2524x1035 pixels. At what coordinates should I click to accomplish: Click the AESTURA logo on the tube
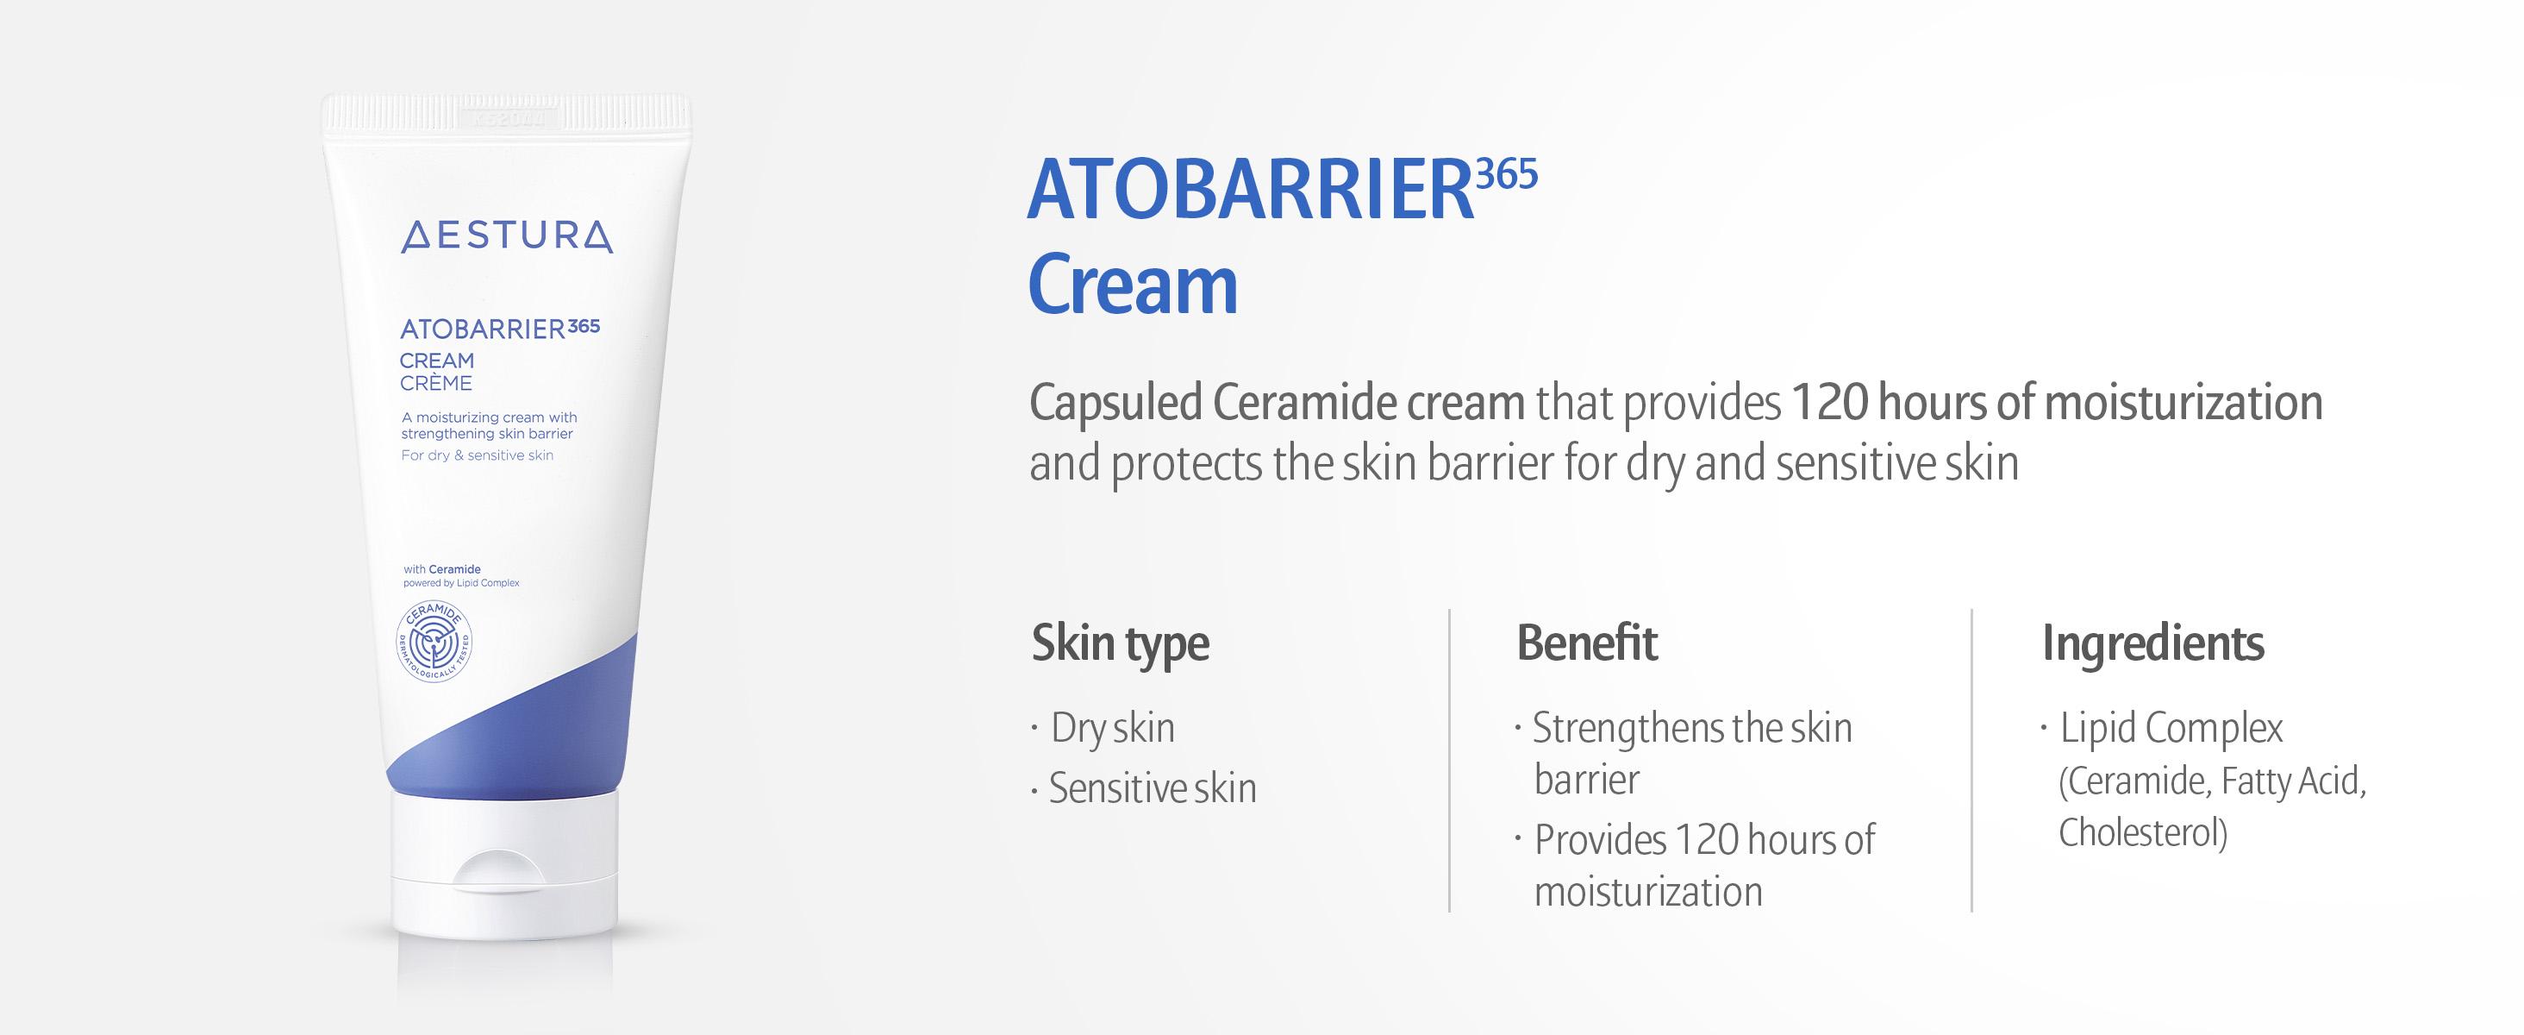pyautogui.click(x=507, y=237)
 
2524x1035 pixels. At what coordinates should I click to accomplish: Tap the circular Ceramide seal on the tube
pyautogui.click(x=434, y=642)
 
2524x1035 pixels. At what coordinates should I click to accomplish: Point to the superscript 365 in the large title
pyautogui.click(x=1507, y=174)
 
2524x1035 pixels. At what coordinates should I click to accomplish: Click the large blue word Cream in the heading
pyautogui.click(x=1133, y=285)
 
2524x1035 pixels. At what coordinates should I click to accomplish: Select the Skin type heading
pyautogui.click(x=1120, y=645)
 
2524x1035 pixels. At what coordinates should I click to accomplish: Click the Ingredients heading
pyautogui.click(x=2152, y=645)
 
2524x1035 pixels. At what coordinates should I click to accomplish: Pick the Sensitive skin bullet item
pyautogui.click(x=1153, y=788)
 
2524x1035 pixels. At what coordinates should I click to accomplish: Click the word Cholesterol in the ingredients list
pyautogui.click(x=2143, y=833)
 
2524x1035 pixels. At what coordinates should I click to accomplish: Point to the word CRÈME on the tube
pyautogui.click(x=436, y=383)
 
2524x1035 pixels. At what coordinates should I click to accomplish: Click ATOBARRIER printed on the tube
pyautogui.click(x=483, y=329)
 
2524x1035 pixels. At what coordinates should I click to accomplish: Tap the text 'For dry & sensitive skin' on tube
pyautogui.click(x=478, y=455)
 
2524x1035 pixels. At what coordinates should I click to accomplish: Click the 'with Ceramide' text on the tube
pyautogui.click(x=442, y=569)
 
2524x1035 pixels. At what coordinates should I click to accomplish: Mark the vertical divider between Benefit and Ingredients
pyautogui.click(x=1971, y=761)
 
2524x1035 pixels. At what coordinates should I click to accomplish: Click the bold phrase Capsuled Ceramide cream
pyautogui.click(x=1277, y=403)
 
